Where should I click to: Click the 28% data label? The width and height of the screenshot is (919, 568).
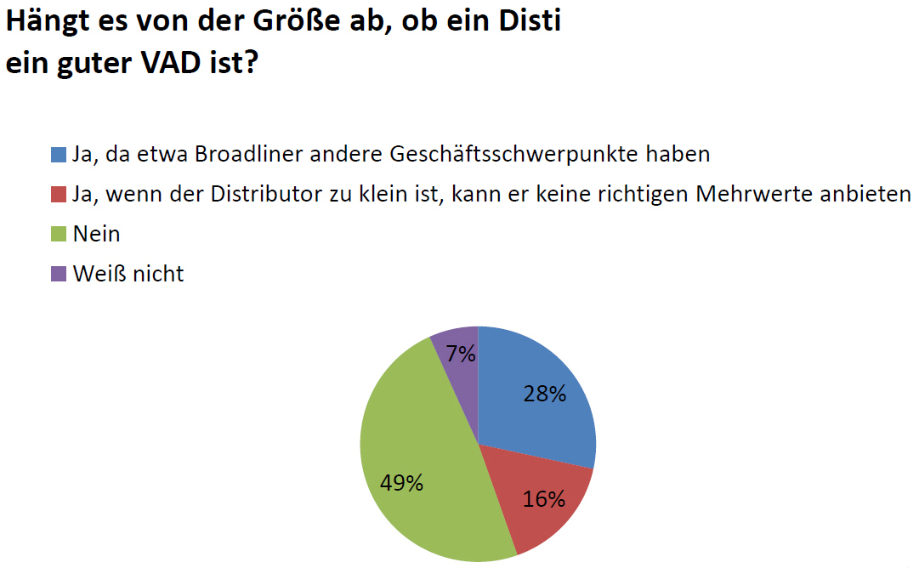[x=544, y=394]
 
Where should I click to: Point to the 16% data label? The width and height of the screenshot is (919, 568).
[x=544, y=499]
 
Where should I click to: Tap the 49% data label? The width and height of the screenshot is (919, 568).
[x=401, y=483]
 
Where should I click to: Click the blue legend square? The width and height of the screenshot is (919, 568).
[x=59, y=155]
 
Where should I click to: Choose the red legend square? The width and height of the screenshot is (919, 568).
[x=59, y=195]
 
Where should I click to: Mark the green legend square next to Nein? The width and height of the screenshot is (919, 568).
[x=59, y=235]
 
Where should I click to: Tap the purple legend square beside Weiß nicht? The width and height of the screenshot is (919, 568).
[x=59, y=274]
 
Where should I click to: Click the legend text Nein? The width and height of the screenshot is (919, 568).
[x=96, y=235]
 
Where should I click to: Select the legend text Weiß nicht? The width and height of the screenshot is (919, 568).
[x=128, y=274]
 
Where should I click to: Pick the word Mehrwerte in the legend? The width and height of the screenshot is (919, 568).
[x=752, y=195]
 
